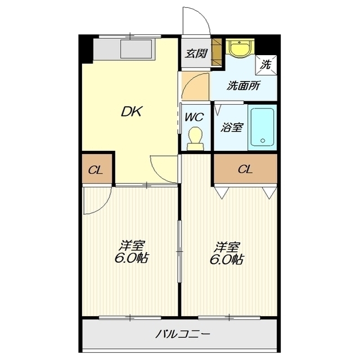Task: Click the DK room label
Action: click(133, 111)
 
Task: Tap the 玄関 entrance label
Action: click(196, 54)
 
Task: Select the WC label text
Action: click(195, 118)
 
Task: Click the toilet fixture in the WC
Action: click(195, 138)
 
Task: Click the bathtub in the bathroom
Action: click(262, 127)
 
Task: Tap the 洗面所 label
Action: click(243, 87)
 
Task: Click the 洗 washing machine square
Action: click(266, 64)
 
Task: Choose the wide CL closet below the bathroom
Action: click(245, 169)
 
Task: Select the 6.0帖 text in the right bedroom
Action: click(228, 260)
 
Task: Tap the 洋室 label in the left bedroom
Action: click(133, 246)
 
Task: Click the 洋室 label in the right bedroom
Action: click(228, 246)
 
